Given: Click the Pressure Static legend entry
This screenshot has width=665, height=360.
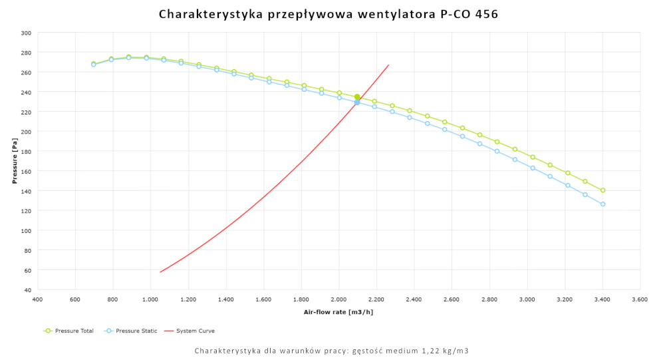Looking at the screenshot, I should click(131, 331).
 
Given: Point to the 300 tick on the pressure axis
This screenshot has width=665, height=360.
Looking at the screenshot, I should click(26, 33).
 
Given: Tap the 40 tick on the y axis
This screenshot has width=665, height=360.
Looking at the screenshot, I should click(27, 290).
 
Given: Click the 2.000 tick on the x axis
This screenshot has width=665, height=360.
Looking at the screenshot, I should click(339, 300).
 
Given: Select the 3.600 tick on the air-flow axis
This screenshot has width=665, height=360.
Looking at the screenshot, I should click(640, 300).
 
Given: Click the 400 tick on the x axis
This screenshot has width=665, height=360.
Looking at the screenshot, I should click(37, 300).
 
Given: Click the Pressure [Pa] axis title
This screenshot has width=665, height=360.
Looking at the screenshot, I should click(14, 162).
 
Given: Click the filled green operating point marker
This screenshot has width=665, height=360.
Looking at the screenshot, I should click(357, 97).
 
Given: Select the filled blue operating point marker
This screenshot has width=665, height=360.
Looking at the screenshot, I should click(357, 102).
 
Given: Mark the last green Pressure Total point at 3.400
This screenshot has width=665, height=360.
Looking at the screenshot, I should click(603, 190).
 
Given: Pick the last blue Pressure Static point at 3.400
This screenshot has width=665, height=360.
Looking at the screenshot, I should click(603, 204).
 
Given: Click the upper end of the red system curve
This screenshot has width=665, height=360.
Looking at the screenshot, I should click(388, 65).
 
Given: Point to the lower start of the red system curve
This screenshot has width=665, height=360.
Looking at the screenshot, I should click(160, 271).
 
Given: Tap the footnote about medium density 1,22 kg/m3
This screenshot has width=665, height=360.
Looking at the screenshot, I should click(332, 351).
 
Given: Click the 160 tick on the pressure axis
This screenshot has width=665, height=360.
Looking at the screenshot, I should click(26, 171).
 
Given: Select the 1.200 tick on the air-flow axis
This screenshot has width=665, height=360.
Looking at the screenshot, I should click(188, 300).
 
